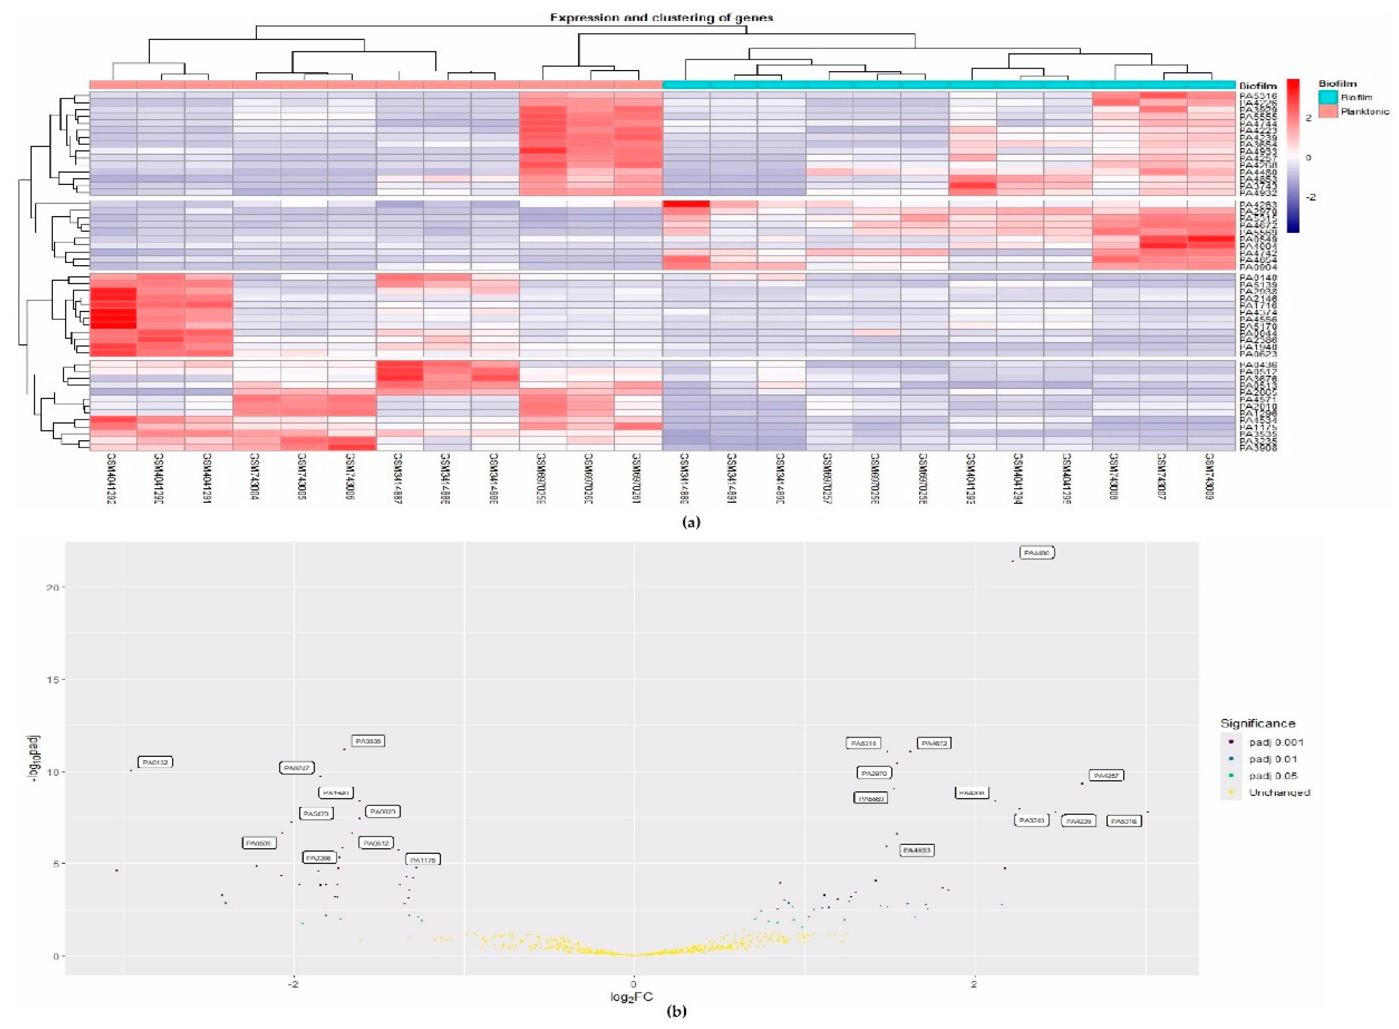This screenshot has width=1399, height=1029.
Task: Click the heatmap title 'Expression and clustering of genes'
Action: pos(661,18)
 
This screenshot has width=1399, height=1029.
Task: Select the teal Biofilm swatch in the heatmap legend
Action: pos(1327,97)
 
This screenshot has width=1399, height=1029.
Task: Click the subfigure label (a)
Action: pos(691,522)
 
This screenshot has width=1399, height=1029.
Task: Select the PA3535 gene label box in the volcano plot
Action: pos(367,741)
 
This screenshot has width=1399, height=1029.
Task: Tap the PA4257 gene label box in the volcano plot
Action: pos(1106,775)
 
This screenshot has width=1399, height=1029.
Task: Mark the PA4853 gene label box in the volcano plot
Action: pos(916,850)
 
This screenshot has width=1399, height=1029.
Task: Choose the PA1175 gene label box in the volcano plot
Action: pos(423,860)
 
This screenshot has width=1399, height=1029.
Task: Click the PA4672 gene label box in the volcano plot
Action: pos(934,743)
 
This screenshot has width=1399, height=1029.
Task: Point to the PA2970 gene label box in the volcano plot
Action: pos(873,773)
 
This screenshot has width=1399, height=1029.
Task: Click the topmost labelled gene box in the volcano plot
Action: pos(1037,552)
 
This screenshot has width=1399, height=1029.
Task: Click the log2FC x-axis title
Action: pos(632,997)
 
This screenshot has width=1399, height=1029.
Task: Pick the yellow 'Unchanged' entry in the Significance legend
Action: pos(1279,792)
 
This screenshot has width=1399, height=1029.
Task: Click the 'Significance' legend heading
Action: pos(1257,723)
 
